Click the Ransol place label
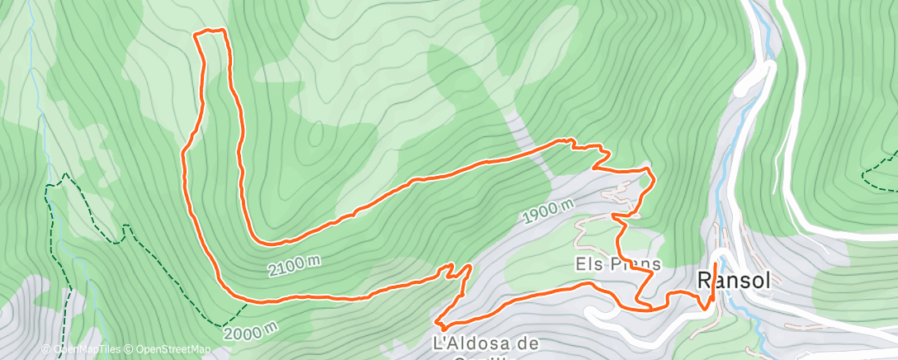tap(734, 280)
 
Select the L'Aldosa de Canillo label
tap(485, 343)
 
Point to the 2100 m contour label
tap(294, 264)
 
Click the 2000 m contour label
tap(249, 332)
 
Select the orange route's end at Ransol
tap(714, 264)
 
